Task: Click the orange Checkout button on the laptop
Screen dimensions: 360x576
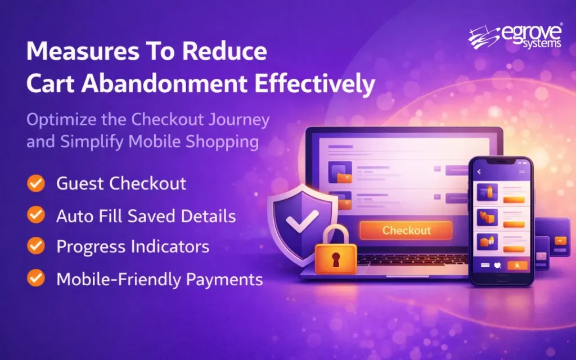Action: coord(407,231)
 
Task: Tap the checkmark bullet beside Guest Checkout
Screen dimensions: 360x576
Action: coord(37,183)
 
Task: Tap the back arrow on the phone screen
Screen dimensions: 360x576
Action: coord(479,171)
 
